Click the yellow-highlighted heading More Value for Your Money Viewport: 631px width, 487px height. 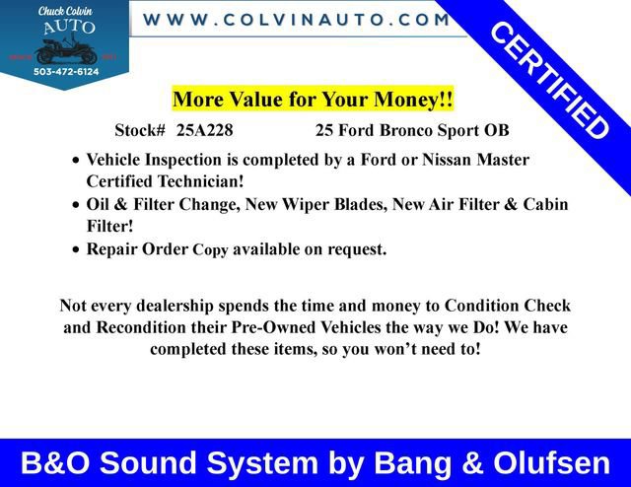point(313,100)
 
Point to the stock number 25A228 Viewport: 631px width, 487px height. point(205,130)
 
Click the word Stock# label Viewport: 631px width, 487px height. point(142,130)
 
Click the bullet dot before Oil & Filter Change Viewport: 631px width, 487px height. point(77,206)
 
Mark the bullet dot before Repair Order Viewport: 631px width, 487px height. point(77,250)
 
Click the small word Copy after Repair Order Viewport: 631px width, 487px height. point(210,250)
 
